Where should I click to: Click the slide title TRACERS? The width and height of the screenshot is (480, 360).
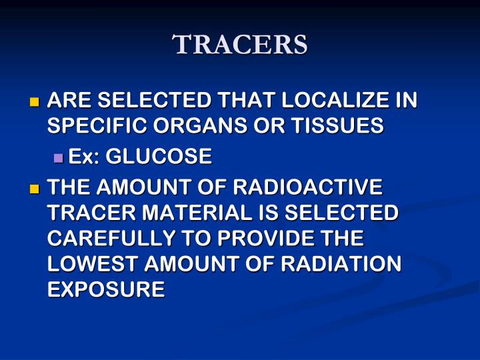[240, 45]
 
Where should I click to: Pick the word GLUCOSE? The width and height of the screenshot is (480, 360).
[159, 157]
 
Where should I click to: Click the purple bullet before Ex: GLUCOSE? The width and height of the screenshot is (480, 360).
[58, 158]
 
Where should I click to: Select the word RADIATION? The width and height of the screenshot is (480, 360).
[341, 264]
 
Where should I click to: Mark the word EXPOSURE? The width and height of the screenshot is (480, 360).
[106, 289]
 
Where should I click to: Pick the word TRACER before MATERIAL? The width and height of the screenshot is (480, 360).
[88, 213]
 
